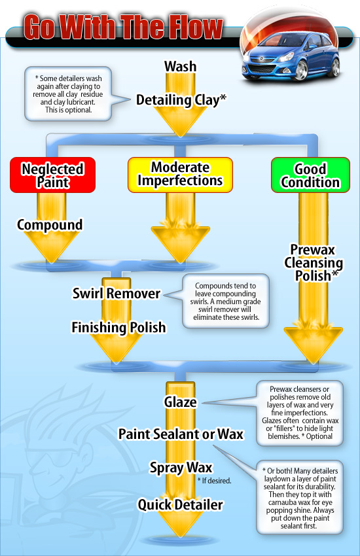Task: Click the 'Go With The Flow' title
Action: pos(123,27)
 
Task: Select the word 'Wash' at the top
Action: pos(180,66)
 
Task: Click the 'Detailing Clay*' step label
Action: pos(181,100)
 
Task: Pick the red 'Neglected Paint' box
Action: pos(52,175)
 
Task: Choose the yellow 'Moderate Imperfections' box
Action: pos(180,174)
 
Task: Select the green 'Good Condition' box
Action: pos(310,176)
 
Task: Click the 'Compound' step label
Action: pos(50,225)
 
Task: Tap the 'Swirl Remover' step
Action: pos(116,294)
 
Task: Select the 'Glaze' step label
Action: pos(180,402)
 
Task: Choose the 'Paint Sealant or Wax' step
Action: pos(181,434)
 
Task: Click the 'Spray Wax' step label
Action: pos(180,468)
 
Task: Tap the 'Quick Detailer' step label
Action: pos(180,504)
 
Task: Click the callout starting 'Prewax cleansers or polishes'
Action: pos(300,412)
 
